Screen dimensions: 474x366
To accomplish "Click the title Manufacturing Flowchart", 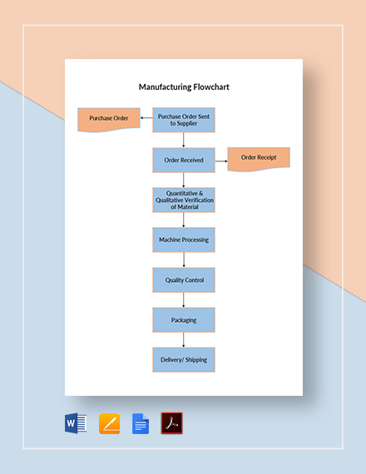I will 183,85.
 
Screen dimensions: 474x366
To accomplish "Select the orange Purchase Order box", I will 109,119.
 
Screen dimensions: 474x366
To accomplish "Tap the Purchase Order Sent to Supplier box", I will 183,120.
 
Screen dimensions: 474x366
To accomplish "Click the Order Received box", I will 183,160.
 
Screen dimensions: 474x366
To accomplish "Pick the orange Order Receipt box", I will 259,158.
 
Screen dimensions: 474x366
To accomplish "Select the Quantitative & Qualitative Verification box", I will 183,200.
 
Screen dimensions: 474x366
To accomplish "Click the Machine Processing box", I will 183,239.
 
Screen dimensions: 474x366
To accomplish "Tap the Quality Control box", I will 183,280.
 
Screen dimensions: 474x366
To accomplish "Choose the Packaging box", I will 183,320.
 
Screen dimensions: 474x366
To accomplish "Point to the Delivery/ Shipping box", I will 183,360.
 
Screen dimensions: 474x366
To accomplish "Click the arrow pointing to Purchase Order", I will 146,119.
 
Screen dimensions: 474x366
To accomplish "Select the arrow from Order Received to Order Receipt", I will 221,159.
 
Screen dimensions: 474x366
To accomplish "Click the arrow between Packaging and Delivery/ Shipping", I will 183,340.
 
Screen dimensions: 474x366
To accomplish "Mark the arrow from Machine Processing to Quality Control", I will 183,259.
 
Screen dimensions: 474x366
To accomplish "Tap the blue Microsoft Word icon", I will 76,424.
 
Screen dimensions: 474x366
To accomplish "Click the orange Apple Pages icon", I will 110,424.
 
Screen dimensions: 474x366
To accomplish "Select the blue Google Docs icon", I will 141,424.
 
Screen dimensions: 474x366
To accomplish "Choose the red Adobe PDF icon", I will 172,424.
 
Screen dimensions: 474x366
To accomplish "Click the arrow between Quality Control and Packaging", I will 183,300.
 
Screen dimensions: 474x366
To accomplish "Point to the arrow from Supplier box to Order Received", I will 183,140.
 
